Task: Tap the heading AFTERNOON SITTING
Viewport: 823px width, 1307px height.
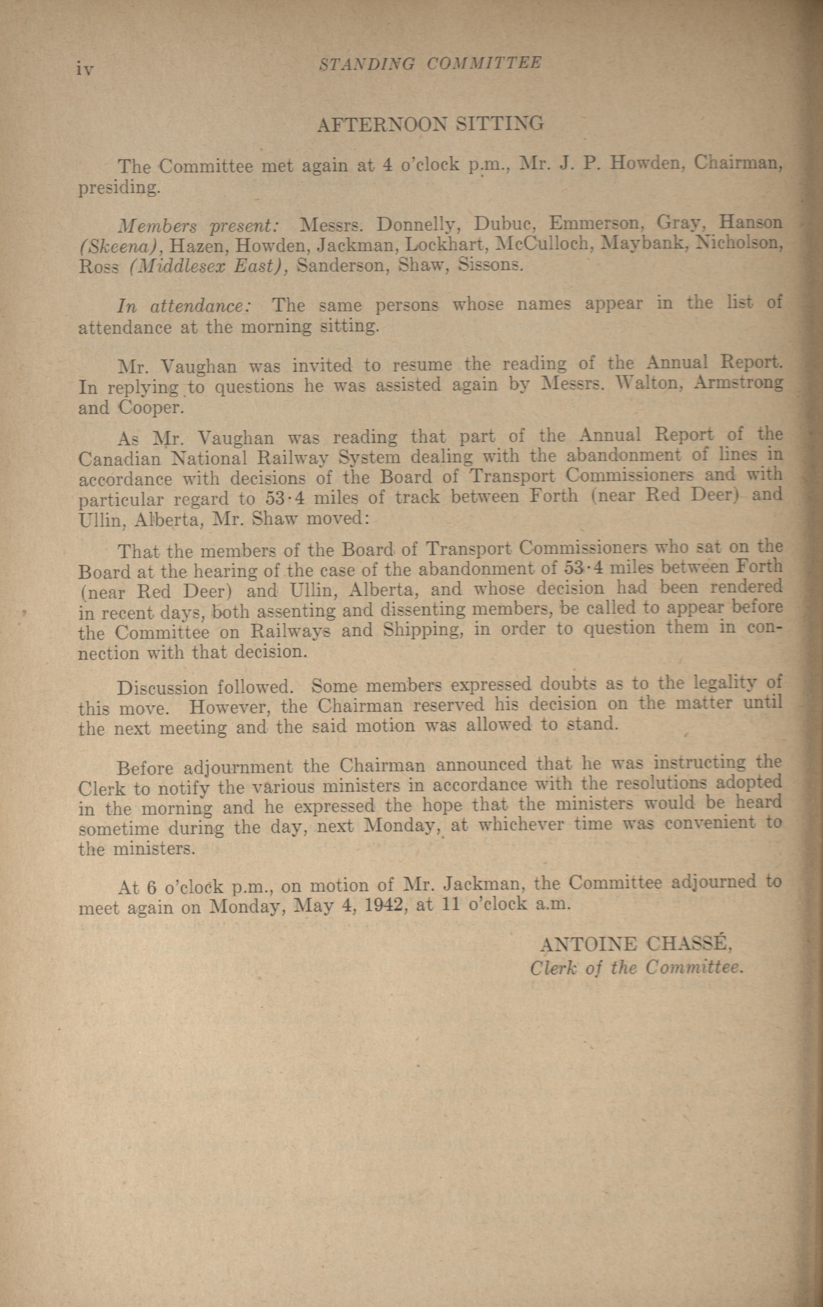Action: pos(430,124)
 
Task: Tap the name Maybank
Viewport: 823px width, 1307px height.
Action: pos(644,244)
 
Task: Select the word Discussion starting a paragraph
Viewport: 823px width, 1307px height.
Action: pos(162,688)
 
